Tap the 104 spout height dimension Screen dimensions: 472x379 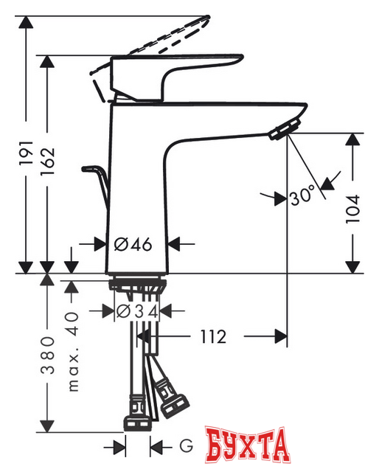354,208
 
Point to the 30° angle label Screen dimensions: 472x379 302,197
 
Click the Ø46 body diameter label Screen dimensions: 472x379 134,244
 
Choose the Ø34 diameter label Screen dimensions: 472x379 138,311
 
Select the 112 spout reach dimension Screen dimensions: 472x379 212,336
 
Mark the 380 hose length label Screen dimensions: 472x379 49,355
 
